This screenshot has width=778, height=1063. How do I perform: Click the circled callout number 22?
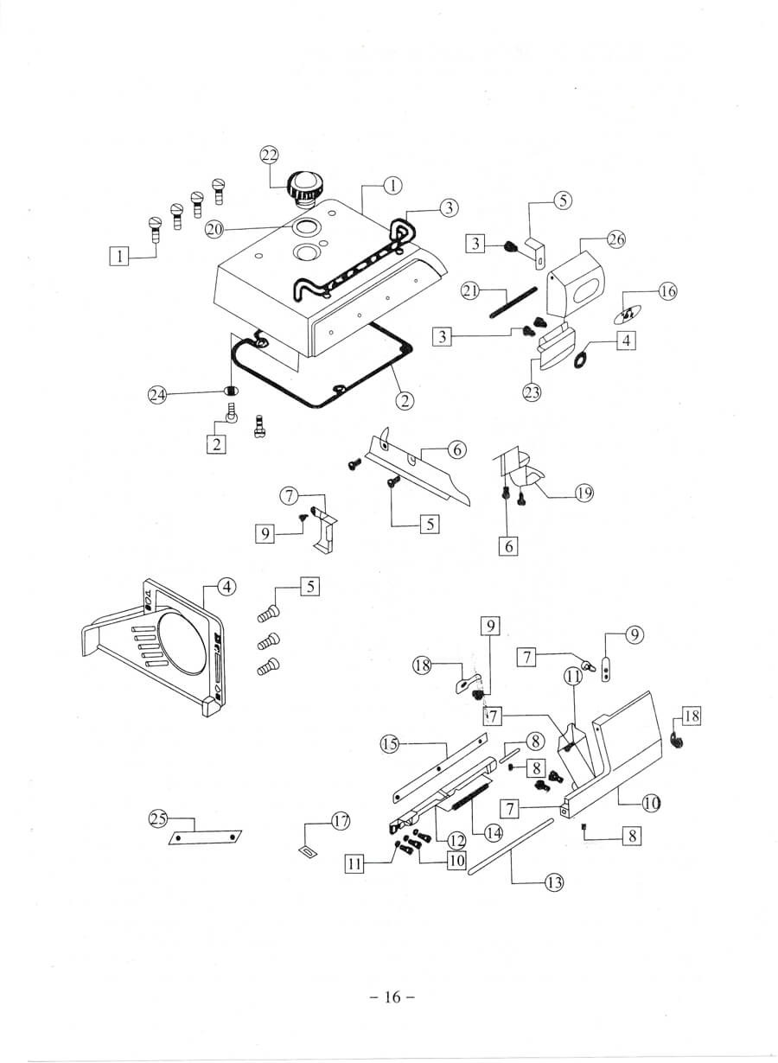(x=270, y=155)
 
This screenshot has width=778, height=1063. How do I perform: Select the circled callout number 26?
(x=615, y=239)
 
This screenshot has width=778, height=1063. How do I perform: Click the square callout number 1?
(x=119, y=255)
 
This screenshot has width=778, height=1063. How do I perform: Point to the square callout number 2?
(x=215, y=444)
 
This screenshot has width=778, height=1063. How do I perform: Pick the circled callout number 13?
(x=553, y=882)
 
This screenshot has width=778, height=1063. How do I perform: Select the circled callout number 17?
(x=341, y=821)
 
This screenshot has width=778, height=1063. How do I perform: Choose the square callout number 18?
(x=692, y=716)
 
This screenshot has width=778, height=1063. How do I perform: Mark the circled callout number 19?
(x=584, y=493)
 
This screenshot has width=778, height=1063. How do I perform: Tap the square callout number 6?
(x=508, y=546)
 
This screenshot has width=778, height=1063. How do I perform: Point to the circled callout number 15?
(x=389, y=743)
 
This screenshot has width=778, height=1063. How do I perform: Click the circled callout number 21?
(x=469, y=291)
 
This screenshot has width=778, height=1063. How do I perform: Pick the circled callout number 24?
(x=156, y=395)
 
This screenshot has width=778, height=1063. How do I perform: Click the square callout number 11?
(x=354, y=862)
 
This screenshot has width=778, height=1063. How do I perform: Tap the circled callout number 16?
(x=668, y=291)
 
